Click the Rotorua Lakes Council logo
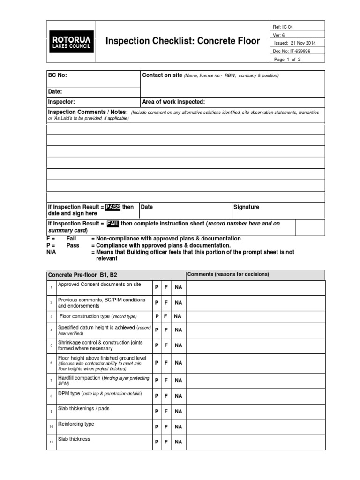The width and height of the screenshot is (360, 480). pyautogui.click(x=71, y=41)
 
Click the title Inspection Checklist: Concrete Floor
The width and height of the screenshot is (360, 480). pyautogui.click(x=182, y=41)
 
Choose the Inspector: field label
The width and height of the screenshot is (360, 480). pyautogui.click(x=61, y=102)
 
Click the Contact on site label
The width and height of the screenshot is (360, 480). pyautogui.click(x=162, y=75)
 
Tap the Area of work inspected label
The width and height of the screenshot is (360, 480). pyautogui.click(x=173, y=102)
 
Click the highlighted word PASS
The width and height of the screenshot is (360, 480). pyautogui.click(x=113, y=207)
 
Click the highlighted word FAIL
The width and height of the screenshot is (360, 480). pyautogui.click(x=113, y=224)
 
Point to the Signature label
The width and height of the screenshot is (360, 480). pyautogui.click(x=246, y=207)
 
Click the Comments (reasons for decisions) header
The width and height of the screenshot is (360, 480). pyautogui.click(x=228, y=274)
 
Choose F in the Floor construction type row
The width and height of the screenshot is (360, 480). pyautogui.click(x=166, y=316)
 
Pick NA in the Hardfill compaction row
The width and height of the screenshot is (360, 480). pyautogui.click(x=178, y=380)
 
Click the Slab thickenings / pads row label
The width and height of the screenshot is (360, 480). pyautogui.click(x=83, y=409)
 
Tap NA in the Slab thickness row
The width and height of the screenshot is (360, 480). pyautogui.click(x=178, y=442)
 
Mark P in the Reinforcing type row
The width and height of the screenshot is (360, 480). pyautogui.click(x=157, y=427)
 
